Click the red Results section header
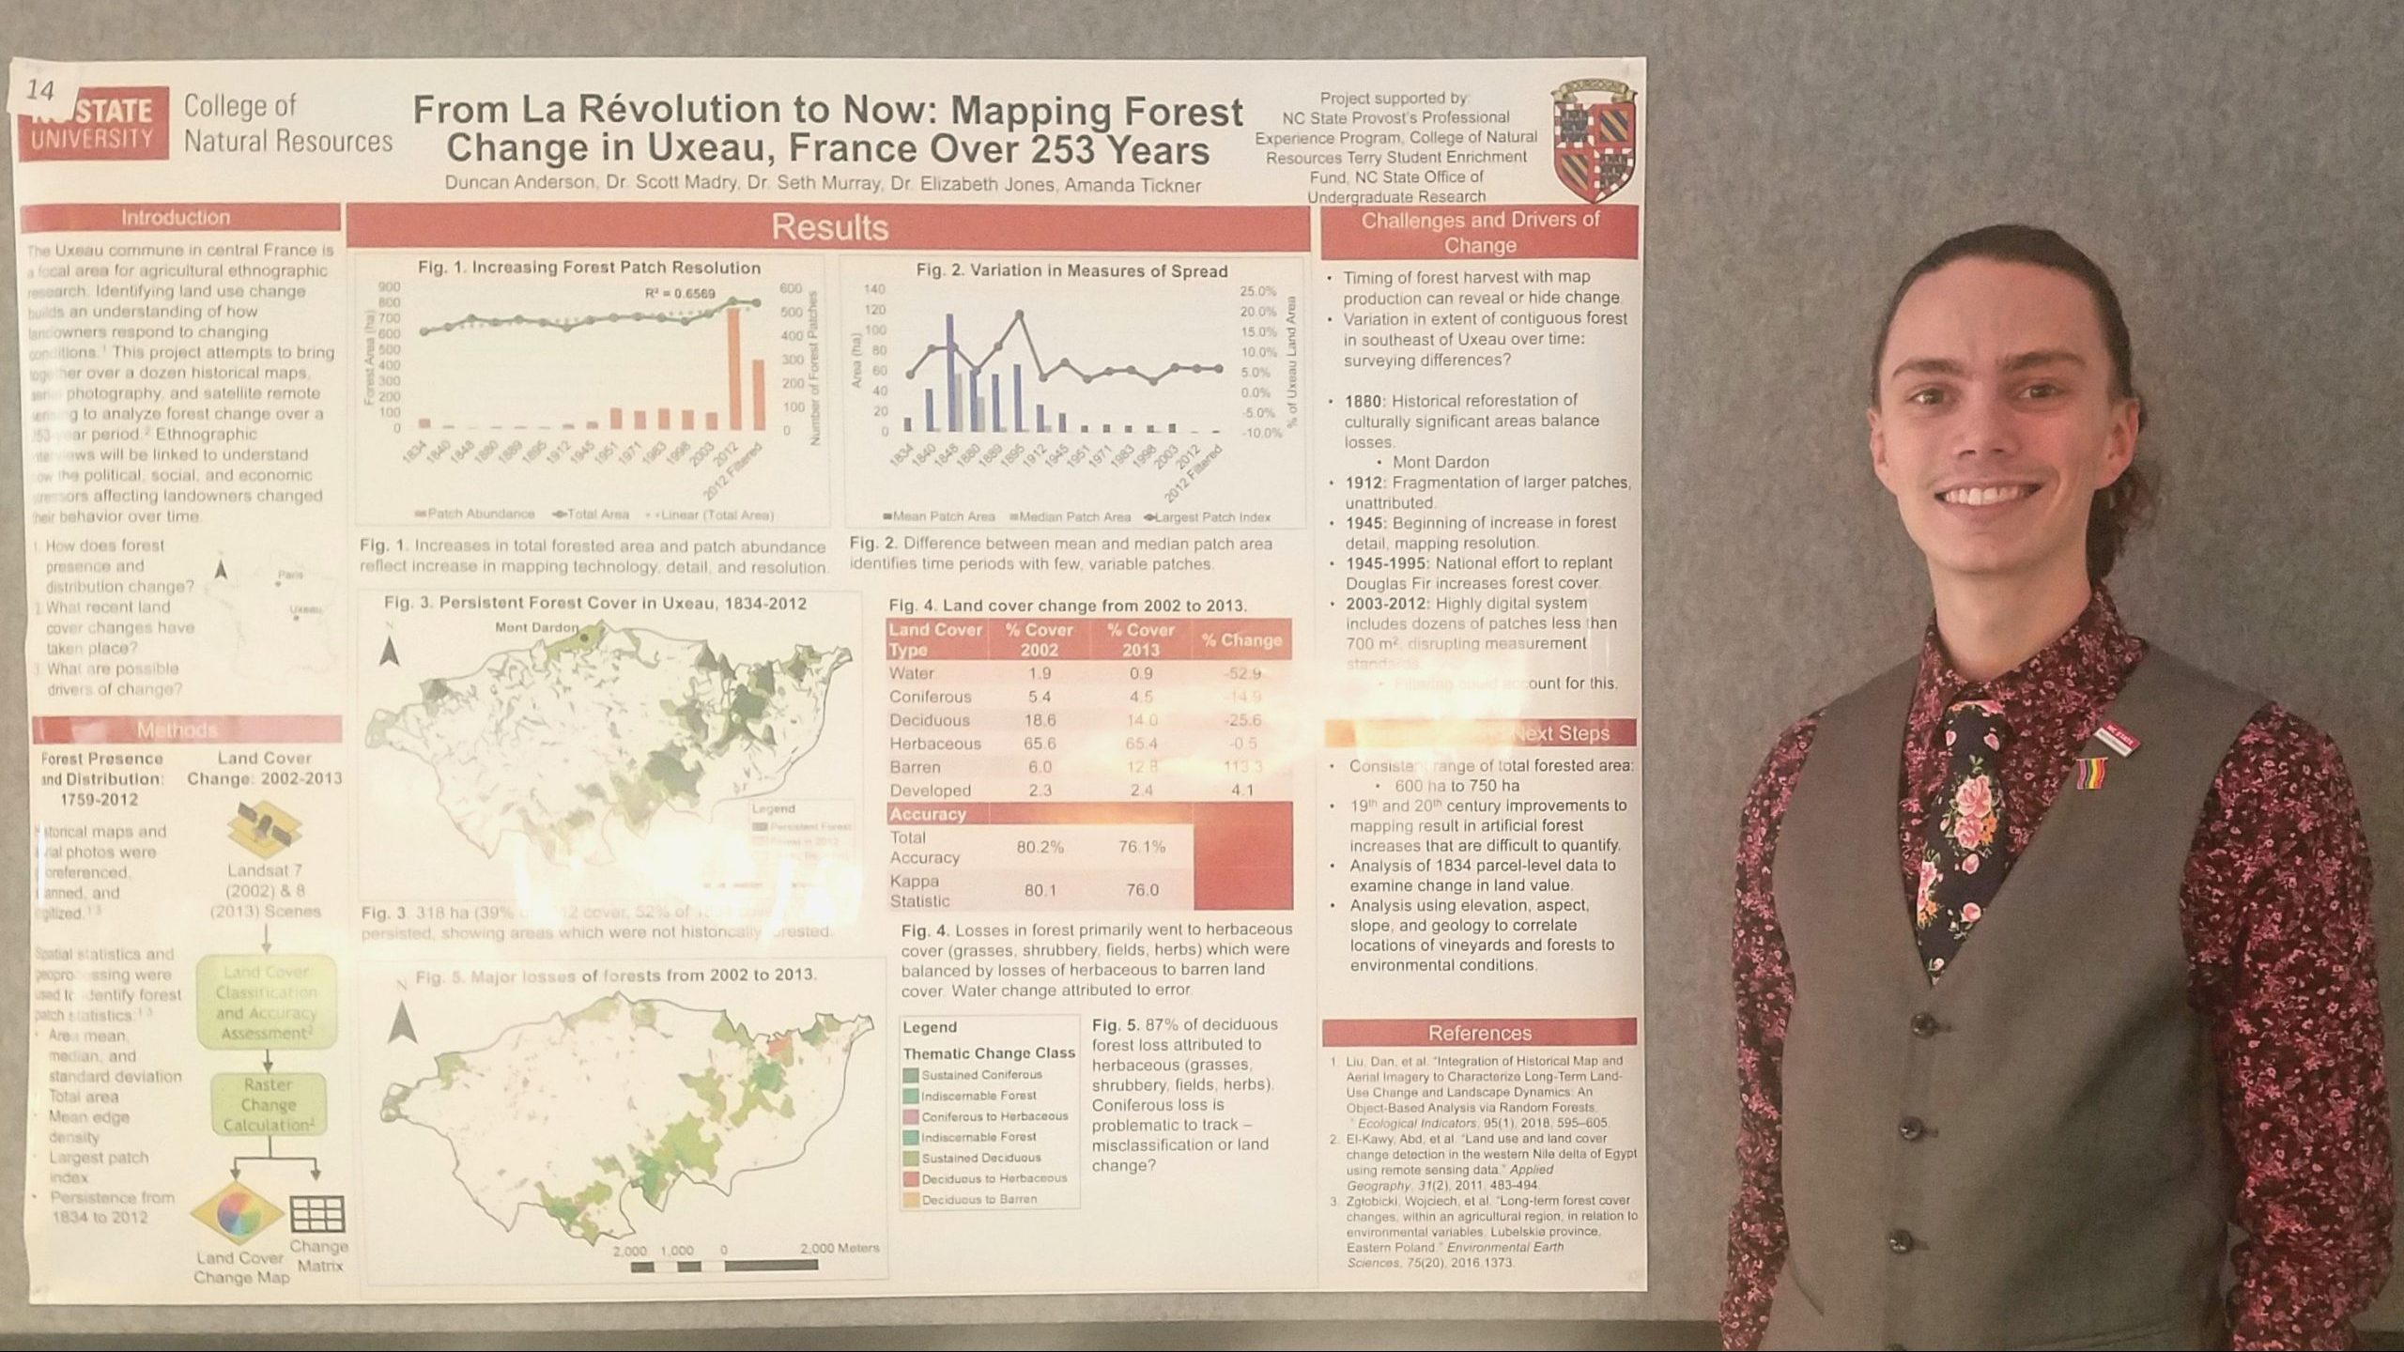pyautogui.click(x=828, y=228)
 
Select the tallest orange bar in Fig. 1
pyautogui.click(x=733, y=369)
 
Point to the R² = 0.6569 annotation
pyautogui.click(x=680, y=294)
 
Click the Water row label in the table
pyautogui.click(x=911, y=673)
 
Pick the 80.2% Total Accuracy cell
pyautogui.click(x=1040, y=847)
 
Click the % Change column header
pyautogui.click(x=1241, y=640)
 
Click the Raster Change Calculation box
pyautogui.click(x=268, y=1105)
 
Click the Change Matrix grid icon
pyautogui.click(x=317, y=1213)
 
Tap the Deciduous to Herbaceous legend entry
pyautogui.click(x=993, y=1178)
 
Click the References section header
pyautogui.click(x=1479, y=1033)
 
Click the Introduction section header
pyautogui.click(x=176, y=218)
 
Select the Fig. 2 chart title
pyautogui.click(x=1071, y=271)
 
